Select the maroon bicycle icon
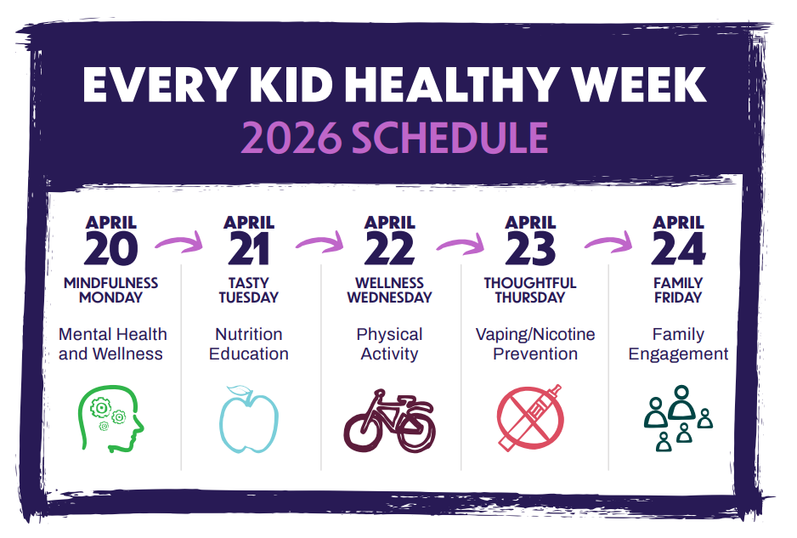pyautogui.click(x=389, y=420)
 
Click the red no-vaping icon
pyautogui.click(x=530, y=419)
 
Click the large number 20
pyautogui.click(x=111, y=249)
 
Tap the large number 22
pyautogui.click(x=390, y=249)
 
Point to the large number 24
pyautogui.click(x=679, y=249)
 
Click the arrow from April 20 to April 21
pyautogui.click(x=180, y=243)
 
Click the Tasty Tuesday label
pyautogui.click(x=248, y=291)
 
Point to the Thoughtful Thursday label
pyautogui.click(x=530, y=291)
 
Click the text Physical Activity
pyautogui.click(x=390, y=344)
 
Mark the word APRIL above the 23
pyautogui.click(x=530, y=223)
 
